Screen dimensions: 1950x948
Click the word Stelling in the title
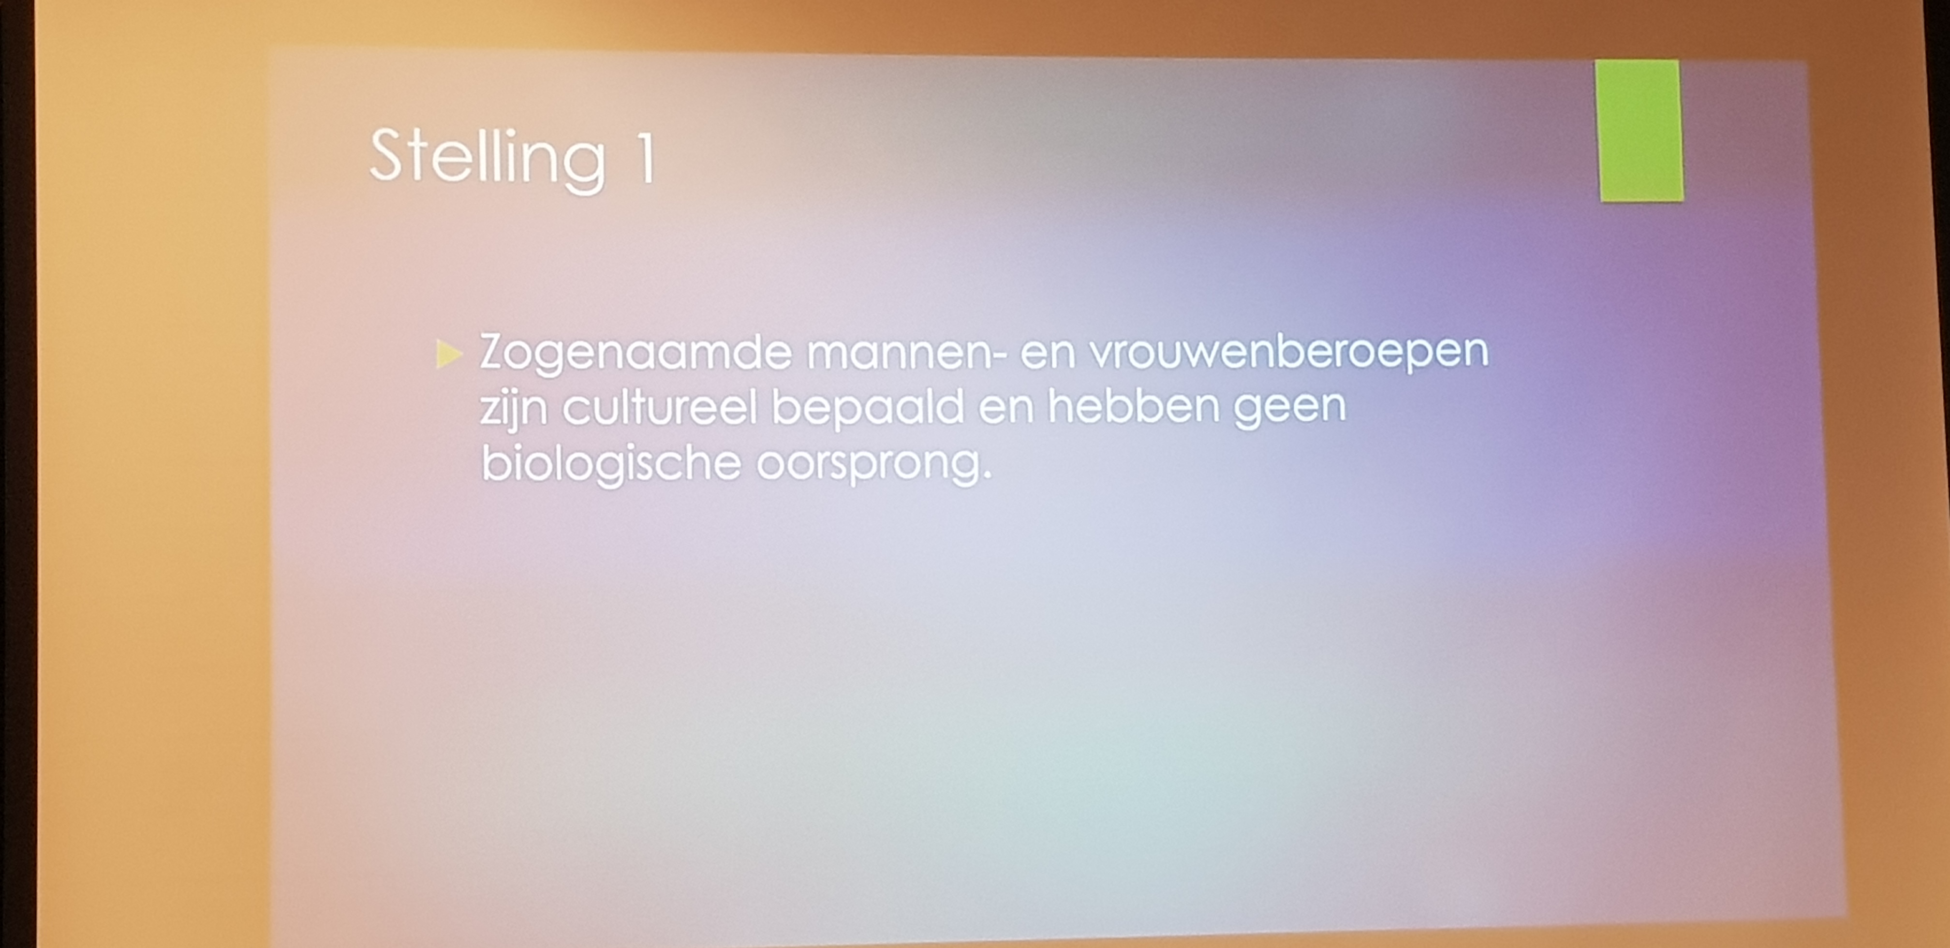(x=488, y=160)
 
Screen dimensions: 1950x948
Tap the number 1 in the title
(x=646, y=160)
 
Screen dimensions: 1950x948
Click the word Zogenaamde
(x=636, y=354)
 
